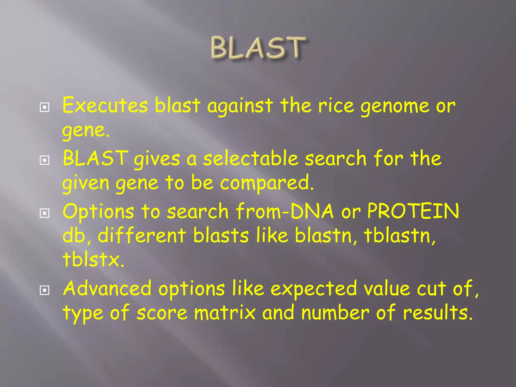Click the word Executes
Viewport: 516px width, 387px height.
(x=105, y=105)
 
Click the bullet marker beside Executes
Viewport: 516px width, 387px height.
(x=45, y=108)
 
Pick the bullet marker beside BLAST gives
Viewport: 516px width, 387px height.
(x=45, y=160)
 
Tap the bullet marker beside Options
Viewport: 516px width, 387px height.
(x=45, y=213)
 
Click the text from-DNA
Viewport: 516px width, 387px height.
(x=285, y=211)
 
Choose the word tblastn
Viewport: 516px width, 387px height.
(x=399, y=236)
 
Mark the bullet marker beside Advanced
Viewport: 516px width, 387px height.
(x=45, y=291)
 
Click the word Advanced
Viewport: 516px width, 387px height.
(x=107, y=288)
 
